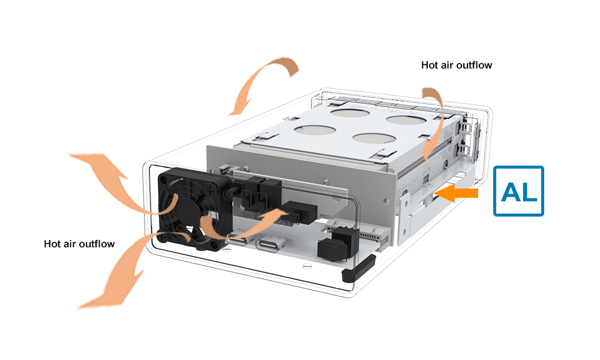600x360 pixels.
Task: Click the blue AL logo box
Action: click(518, 191)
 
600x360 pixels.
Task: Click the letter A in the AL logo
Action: click(511, 192)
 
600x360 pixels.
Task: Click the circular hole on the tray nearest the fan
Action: click(316, 130)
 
